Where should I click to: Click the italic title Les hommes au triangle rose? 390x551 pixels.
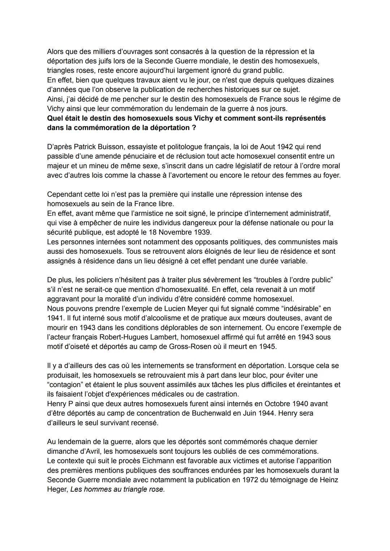[x=117, y=490]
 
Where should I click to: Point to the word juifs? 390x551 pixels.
[x=97, y=61]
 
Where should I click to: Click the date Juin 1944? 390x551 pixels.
[x=264, y=413]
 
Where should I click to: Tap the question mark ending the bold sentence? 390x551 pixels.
[x=194, y=128]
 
